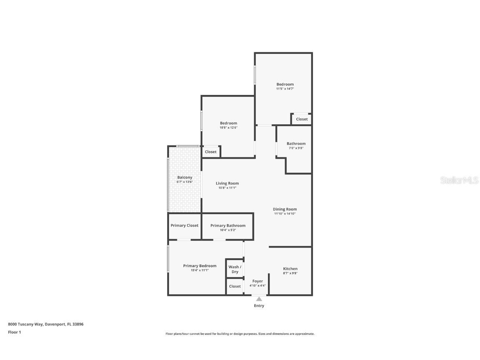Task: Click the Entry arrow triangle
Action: point(259,299)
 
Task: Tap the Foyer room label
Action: point(257,281)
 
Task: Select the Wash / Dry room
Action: point(235,269)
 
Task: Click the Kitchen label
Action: point(290,269)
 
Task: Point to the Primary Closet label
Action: point(185,225)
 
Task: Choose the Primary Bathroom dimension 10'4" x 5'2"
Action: point(228,230)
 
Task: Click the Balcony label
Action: point(185,177)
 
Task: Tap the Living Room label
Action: point(227,183)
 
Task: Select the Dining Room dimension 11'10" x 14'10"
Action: point(285,214)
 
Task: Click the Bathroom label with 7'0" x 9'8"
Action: point(296,144)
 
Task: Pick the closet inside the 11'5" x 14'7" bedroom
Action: point(302,119)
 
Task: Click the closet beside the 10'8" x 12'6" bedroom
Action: point(211,152)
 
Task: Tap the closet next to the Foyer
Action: point(235,286)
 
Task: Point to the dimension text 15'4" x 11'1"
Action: point(200,270)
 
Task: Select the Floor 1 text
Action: point(14,332)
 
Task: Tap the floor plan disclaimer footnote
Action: point(240,334)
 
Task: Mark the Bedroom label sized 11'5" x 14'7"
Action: point(285,84)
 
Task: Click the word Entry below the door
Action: point(259,306)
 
